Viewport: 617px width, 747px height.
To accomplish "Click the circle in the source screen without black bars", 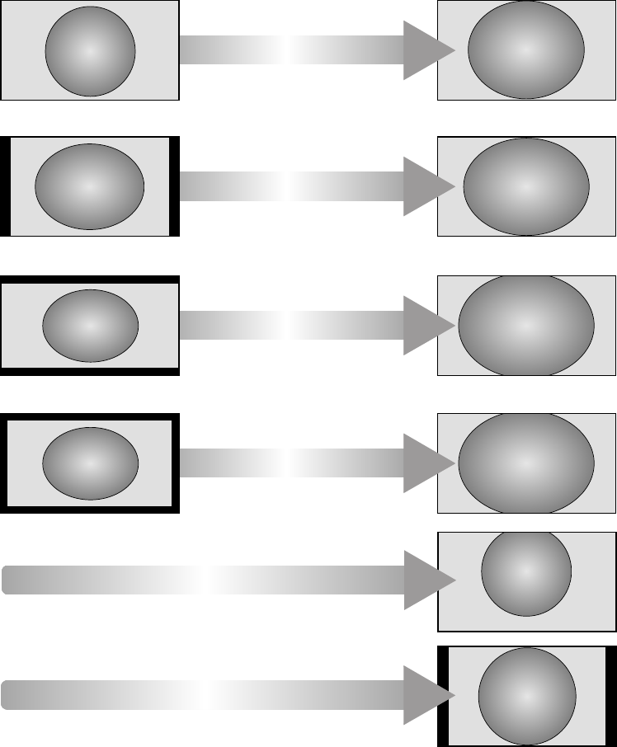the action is (x=90, y=51).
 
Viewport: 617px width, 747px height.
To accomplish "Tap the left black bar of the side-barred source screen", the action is (x=5, y=186).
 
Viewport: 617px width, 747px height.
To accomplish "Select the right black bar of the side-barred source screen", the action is (x=174, y=186).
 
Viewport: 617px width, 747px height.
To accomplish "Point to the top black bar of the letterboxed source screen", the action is (x=90, y=280).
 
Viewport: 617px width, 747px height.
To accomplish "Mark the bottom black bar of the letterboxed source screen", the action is (x=90, y=372).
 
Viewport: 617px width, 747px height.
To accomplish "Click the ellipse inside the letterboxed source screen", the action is (x=90, y=326).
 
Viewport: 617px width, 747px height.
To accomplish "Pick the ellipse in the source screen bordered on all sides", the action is (x=90, y=463).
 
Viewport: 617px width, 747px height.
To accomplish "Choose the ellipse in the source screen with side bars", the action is (x=90, y=186).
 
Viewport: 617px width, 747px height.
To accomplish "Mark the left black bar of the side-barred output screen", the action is (x=441, y=696).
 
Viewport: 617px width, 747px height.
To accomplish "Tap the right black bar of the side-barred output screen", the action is (x=611, y=696).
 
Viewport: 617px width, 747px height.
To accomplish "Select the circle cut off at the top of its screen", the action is (x=526, y=573).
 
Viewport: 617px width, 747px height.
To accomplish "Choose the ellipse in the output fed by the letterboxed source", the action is (x=526, y=326).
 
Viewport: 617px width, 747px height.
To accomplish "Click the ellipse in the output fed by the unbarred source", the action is (x=526, y=50).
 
